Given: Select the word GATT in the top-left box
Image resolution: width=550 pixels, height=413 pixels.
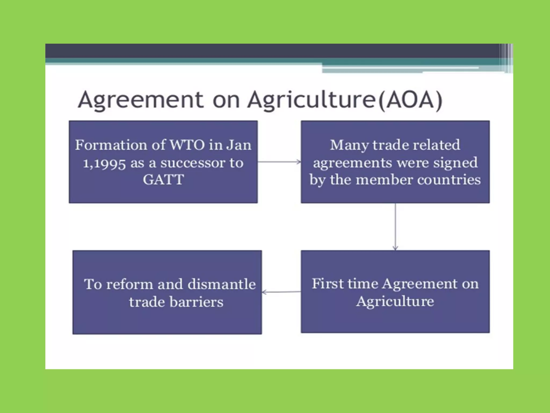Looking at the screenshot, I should pyautogui.click(x=163, y=179).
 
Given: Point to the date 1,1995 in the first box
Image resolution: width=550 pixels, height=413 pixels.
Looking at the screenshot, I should pyautogui.click(x=104, y=163).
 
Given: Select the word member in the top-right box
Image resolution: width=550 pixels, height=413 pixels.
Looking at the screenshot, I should pyautogui.click(x=384, y=180).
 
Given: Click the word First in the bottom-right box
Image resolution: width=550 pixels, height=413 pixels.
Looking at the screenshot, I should pyautogui.click(x=328, y=284).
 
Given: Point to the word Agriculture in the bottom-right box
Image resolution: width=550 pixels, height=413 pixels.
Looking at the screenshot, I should pyautogui.click(x=395, y=301).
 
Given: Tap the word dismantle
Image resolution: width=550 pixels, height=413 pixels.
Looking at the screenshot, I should pyautogui.click(x=222, y=284).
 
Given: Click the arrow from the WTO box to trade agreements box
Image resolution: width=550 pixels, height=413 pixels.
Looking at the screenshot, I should pyautogui.click(x=279, y=162).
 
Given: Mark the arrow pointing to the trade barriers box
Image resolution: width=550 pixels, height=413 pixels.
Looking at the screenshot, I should pyautogui.click(x=281, y=292).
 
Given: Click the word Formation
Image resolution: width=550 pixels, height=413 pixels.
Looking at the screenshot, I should pyautogui.click(x=111, y=145).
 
